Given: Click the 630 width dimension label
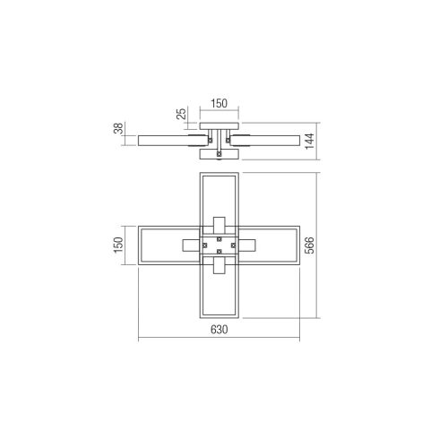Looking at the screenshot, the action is click(x=219, y=330).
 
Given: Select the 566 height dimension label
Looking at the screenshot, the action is click(x=310, y=245).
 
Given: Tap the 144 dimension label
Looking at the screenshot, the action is click(x=310, y=142).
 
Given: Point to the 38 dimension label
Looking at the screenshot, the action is click(x=118, y=128).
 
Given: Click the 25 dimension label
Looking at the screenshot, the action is click(x=181, y=114).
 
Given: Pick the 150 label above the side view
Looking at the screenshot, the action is click(x=219, y=103).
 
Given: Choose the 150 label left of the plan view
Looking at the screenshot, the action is click(x=118, y=245).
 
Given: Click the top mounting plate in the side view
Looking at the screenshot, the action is click(x=219, y=126).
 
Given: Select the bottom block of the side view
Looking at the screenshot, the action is click(x=219, y=154).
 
